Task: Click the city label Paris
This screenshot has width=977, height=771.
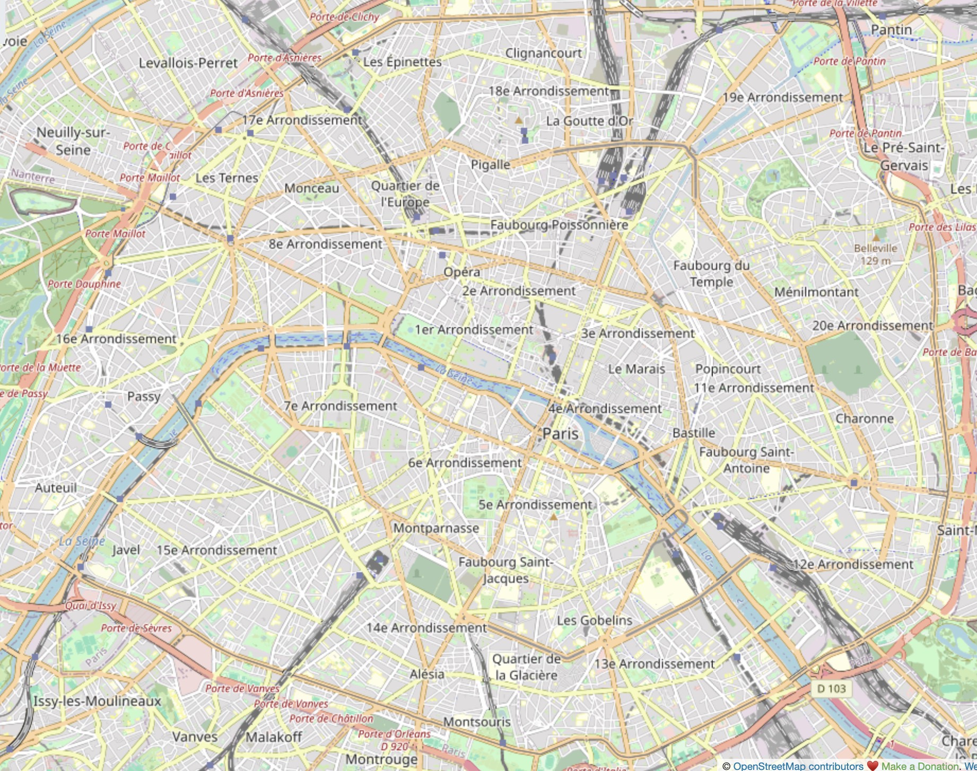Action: tap(560, 434)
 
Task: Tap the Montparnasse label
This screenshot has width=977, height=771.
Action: tap(436, 528)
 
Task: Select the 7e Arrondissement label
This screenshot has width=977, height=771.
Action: tap(340, 406)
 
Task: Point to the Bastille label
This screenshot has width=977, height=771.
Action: tap(693, 433)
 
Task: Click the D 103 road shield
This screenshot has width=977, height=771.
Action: tap(831, 689)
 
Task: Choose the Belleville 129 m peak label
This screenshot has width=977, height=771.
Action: tap(875, 255)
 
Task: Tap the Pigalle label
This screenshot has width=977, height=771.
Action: tap(490, 165)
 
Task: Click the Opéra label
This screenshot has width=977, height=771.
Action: tap(461, 272)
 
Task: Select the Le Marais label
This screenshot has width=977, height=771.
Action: tap(636, 369)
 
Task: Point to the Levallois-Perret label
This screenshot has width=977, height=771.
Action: tap(188, 63)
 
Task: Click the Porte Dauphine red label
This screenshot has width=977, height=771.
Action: tap(84, 284)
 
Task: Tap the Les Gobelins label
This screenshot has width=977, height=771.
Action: tap(594, 620)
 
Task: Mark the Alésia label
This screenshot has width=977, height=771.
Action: tap(426, 674)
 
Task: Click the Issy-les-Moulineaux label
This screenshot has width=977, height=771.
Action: tap(97, 701)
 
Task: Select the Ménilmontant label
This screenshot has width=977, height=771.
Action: tap(816, 292)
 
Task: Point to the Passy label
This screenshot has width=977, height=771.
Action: tap(144, 397)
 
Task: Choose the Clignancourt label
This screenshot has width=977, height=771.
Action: tap(543, 53)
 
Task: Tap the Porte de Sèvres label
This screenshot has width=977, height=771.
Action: tap(136, 628)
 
